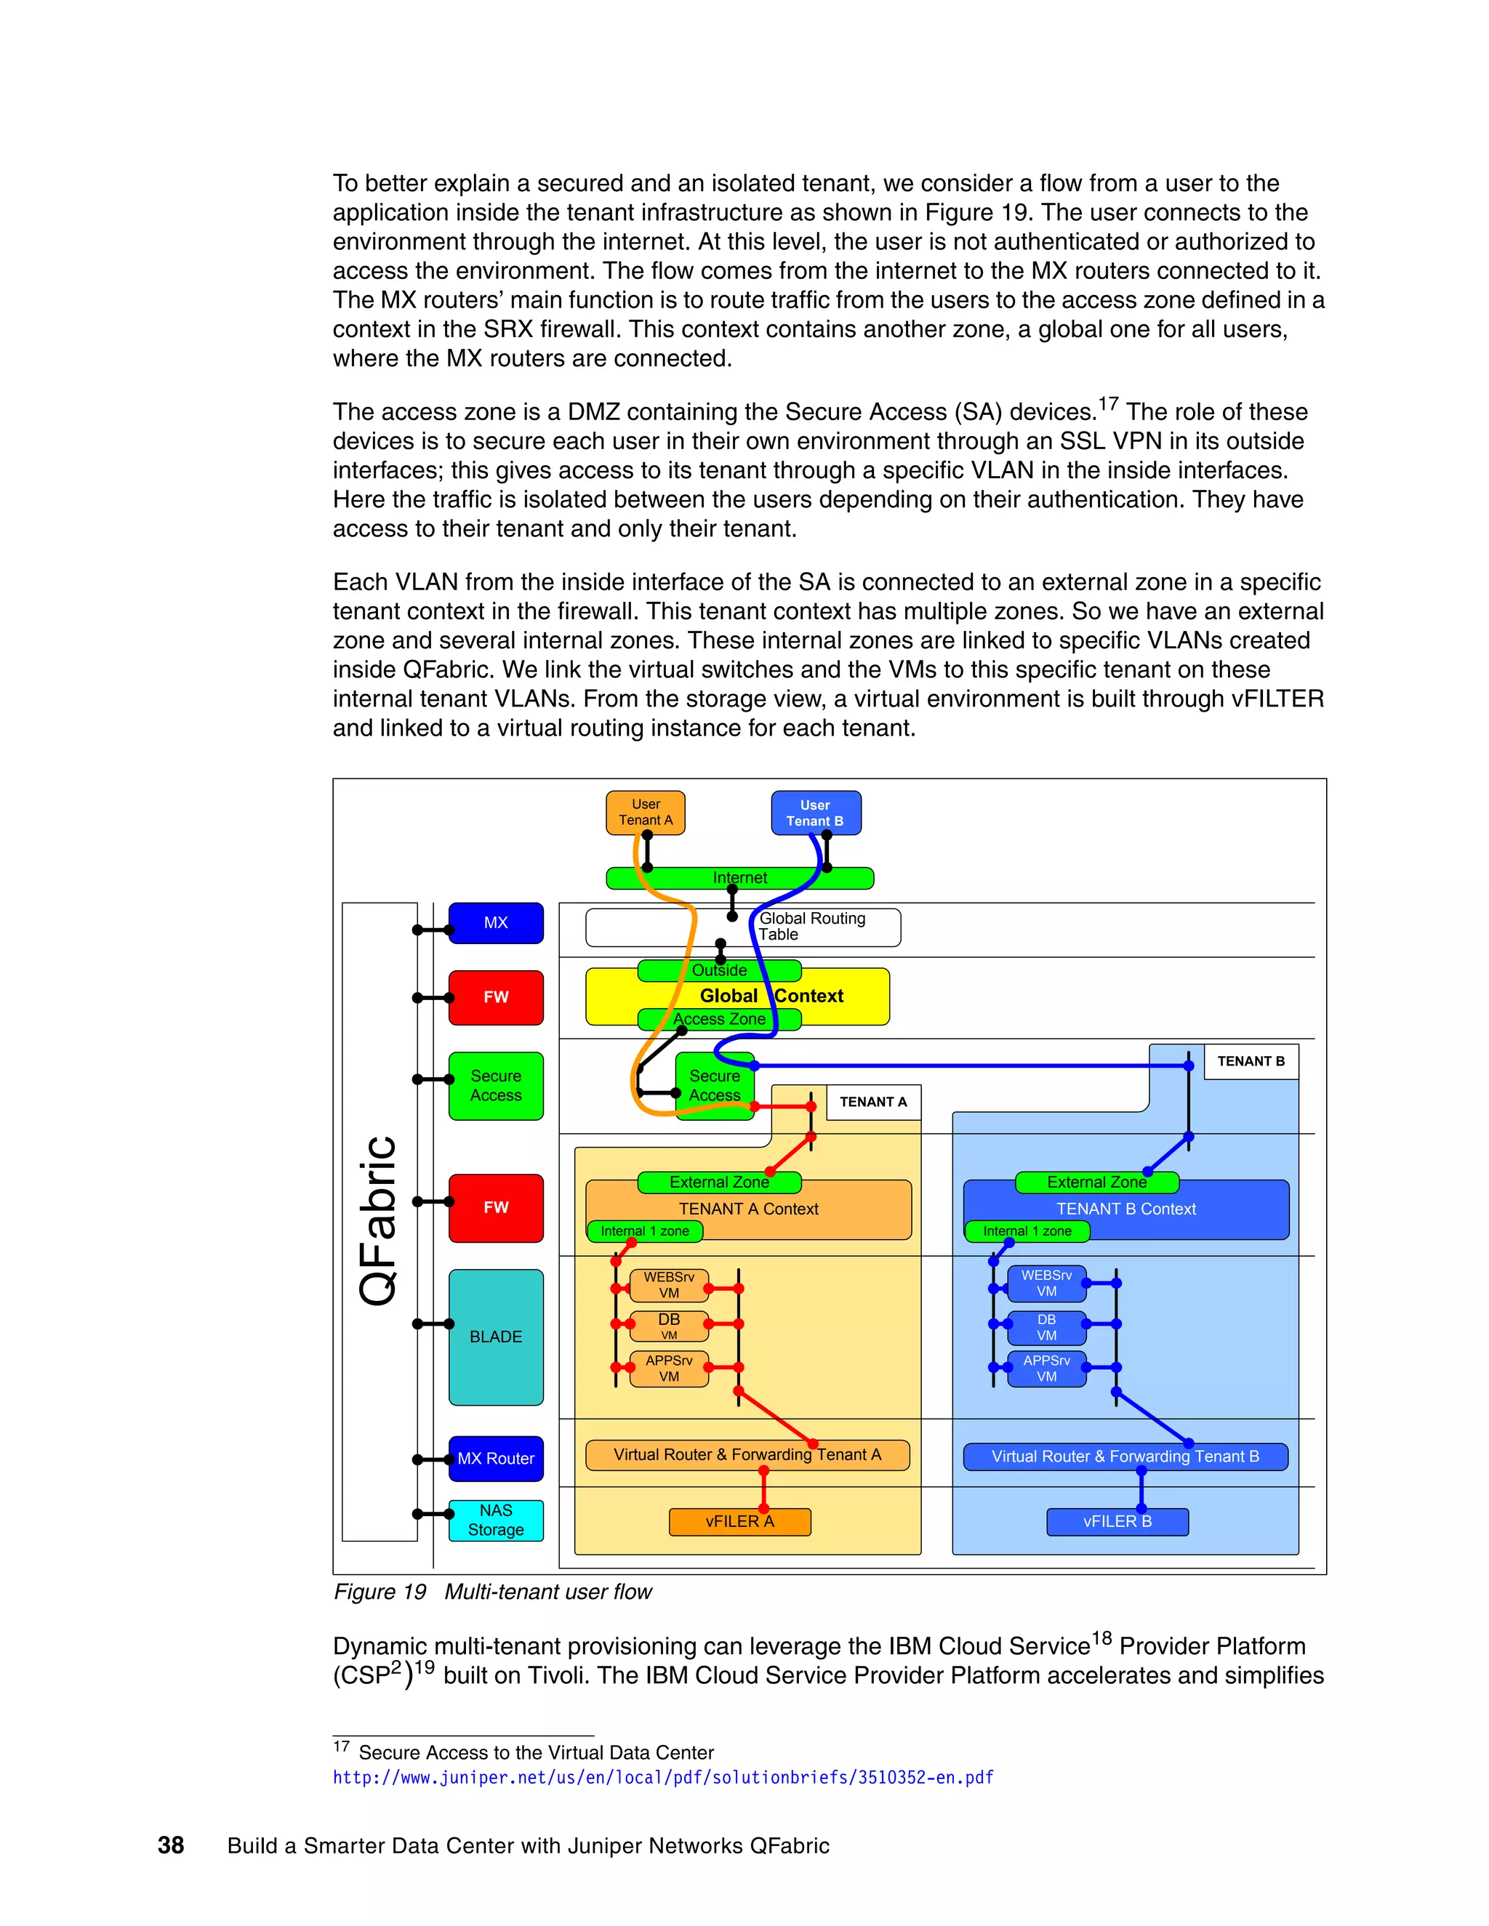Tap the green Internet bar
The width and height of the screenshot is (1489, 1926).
point(739,877)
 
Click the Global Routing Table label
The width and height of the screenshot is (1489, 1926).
point(811,926)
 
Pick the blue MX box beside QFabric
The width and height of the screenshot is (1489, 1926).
point(496,922)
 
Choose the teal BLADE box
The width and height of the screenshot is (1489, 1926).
point(496,1336)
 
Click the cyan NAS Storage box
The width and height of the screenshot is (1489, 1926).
point(496,1520)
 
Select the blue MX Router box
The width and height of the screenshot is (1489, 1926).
point(496,1459)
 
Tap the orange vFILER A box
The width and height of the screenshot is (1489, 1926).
point(739,1521)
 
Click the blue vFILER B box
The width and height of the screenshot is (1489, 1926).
point(1117,1521)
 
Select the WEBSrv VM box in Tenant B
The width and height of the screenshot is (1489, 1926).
point(1046,1283)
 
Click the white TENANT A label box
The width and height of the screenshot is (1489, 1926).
point(873,1101)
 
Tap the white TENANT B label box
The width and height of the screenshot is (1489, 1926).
point(1251,1061)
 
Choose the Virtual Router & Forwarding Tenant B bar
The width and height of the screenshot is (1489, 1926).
point(1125,1456)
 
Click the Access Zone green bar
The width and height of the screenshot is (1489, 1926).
point(719,1018)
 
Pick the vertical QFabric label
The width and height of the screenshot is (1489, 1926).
point(380,1222)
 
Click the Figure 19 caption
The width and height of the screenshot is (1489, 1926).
point(492,1591)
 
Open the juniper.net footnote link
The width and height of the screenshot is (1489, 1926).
point(662,1777)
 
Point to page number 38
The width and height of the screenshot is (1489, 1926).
point(170,1845)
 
